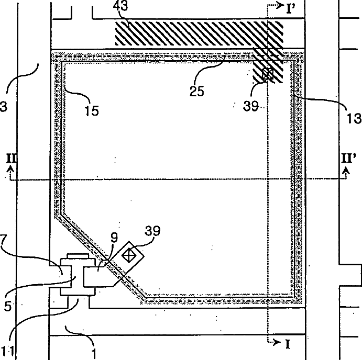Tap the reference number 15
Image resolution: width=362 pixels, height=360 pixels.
[x=90, y=110]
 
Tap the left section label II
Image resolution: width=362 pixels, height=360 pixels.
[x=11, y=157]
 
